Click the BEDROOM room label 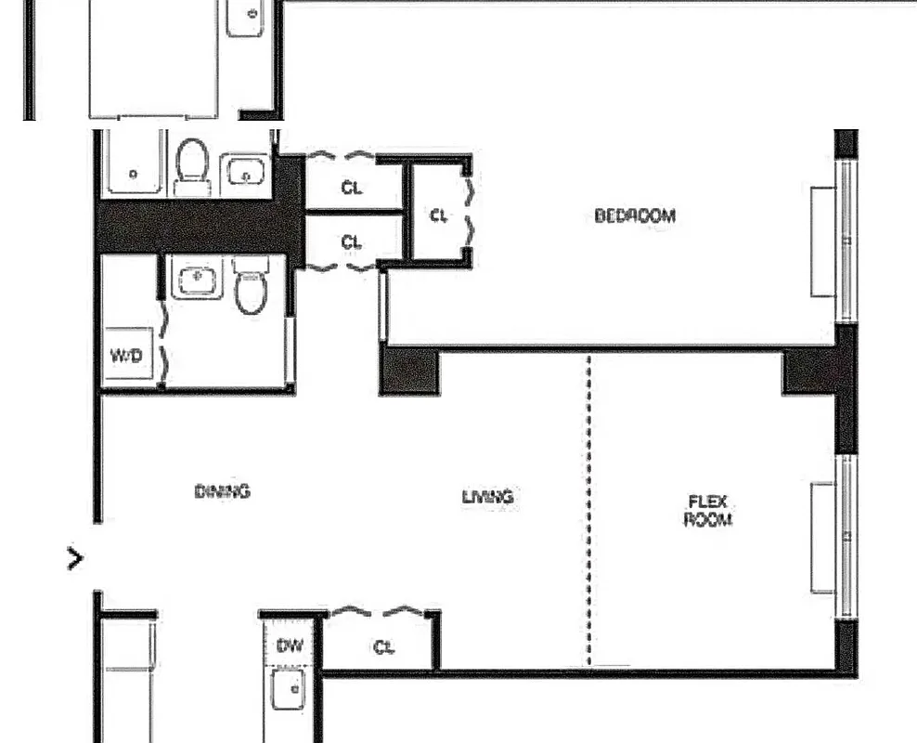[x=635, y=215]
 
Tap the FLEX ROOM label [x=707, y=511]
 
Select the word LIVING [x=487, y=497]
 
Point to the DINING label [x=223, y=491]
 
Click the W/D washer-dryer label [x=126, y=355]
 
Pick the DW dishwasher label [x=289, y=645]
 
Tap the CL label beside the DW [x=383, y=647]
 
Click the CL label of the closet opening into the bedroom [x=439, y=215]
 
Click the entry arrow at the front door [x=75, y=558]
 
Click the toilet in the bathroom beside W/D [x=250, y=287]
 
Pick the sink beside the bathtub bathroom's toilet [x=245, y=172]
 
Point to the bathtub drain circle [x=134, y=173]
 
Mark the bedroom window [x=846, y=241]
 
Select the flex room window [x=846, y=536]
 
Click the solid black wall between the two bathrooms [x=195, y=226]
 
